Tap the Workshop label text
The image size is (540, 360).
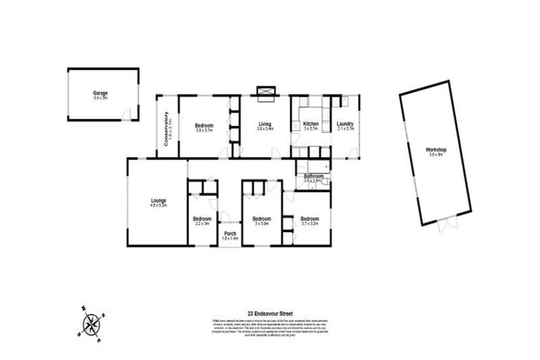pos(436,150)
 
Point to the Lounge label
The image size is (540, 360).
pos(157,202)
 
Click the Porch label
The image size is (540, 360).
pos(230,233)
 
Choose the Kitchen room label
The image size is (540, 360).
pos(311,124)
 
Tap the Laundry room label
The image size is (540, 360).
pos(345,124)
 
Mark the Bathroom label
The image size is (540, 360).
pos(313,176)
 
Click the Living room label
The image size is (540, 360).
pos(264,124)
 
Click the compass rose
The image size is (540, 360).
pos(92,323)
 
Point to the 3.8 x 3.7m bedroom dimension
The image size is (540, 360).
pos(204,130)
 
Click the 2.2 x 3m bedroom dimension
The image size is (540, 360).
pos(202,224)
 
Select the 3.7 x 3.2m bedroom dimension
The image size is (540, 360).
pos(310,224)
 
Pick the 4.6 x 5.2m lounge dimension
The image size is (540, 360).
pos(157,207)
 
